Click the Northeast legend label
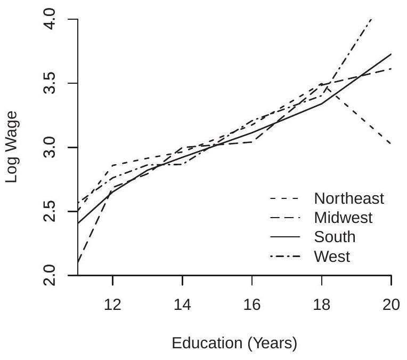349,198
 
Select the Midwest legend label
344,218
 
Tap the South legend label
335,237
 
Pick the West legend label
332,257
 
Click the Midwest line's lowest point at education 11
78,262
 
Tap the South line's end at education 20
392,54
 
